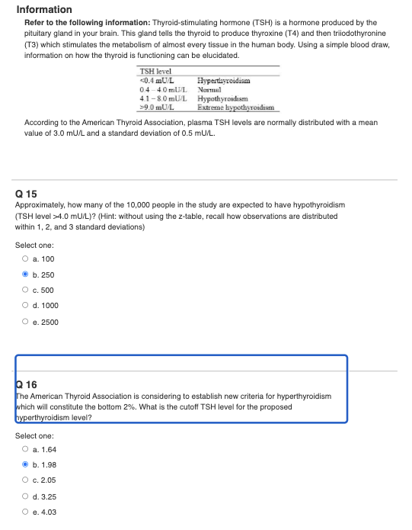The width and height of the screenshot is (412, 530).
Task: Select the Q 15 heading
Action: click(26, 194)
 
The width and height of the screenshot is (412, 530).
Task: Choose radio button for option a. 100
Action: click(26, 259)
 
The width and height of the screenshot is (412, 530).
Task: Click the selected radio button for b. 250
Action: click(26, 275)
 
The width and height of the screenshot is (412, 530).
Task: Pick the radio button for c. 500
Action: click(26, 291)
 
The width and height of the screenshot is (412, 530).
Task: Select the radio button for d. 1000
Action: click(26, 306)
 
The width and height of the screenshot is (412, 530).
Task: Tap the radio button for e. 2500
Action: click(26, 322)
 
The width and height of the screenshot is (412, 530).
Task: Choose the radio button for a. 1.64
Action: click(26, 449)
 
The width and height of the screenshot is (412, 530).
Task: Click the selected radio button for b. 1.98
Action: click(26, 464)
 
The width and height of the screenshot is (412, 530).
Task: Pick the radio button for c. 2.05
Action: click(26, 480)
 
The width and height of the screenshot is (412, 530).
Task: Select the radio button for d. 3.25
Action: click(26, 496)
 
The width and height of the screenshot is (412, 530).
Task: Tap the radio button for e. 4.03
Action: click(26, 512)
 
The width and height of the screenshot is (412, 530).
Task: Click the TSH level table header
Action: click(157, 72)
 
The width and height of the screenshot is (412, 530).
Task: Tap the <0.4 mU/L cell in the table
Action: click(158, 80)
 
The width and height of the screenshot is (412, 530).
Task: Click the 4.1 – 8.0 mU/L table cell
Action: click(163, 98)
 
